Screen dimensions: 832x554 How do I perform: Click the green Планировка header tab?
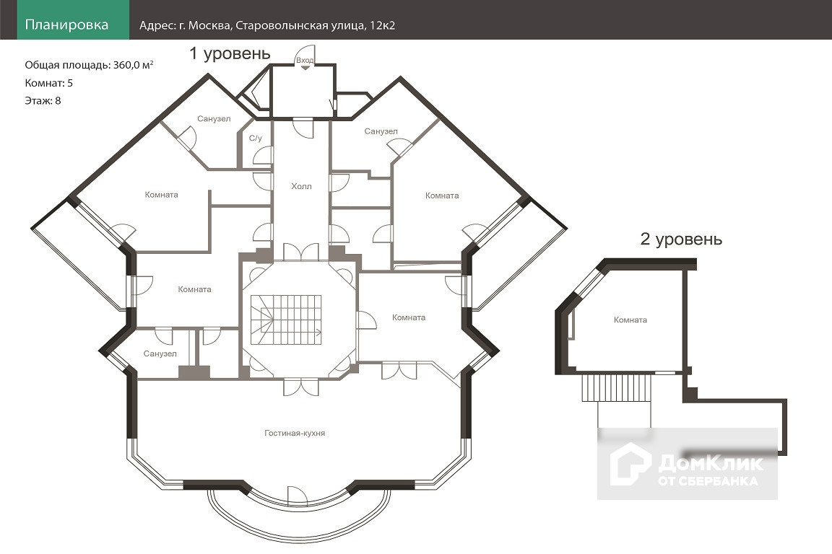(x=66, y=25)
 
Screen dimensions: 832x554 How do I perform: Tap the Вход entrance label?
(x=304, y=60)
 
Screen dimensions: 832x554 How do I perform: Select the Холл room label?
(x=301, y=186)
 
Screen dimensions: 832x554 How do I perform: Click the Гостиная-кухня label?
(x=294, y=433)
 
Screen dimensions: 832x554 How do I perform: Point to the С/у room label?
(x=255, y=137)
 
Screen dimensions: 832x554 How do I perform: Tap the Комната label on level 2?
(x=630, y=320)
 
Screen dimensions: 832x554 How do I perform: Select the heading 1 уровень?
(x=230, y=53)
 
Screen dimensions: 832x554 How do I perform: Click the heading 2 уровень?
(x=681, y=239)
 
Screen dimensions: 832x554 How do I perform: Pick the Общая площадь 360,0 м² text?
(x=89, y=65)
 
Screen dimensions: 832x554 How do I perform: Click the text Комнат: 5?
(x=48, y=83)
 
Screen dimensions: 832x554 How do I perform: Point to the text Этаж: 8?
(x=43, y=100)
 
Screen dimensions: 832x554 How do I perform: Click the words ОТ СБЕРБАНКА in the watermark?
(x=708, y=480)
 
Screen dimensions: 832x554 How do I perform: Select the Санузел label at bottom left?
(x=160, y=353)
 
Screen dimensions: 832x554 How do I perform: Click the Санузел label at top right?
(x=381, y=131)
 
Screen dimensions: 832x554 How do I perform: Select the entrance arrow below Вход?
(x=304, y=69)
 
